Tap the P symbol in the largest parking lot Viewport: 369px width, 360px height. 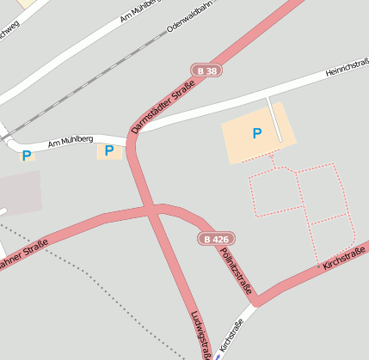pyautogui.click(x=256, y=133)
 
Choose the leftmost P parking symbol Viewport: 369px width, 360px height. pyautogui.click(x=27, y=156)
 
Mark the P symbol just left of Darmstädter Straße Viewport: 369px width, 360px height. pyautogui.click(x=108, y=150)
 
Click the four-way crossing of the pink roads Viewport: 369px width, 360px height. pyautogui.click(x=153, y=209)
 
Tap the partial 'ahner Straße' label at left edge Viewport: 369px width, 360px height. pyautogui.click(x=23, y=255)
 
